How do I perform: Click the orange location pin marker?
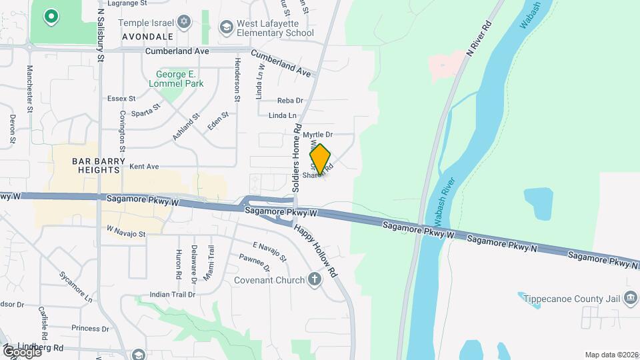tap(321, 159)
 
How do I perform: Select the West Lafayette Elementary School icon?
tap(225, 27)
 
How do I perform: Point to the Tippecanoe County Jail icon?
tap(631, 298)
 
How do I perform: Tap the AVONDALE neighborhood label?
tap(147, 36)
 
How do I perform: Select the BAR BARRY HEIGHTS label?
tap(97, 165)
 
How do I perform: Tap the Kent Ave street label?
tap(144, 166)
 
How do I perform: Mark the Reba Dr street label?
tap(290, 101)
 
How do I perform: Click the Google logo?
tap(22, 351)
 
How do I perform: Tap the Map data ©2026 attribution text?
tap(611, 355)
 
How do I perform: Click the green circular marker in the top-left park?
tap(51, 15)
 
